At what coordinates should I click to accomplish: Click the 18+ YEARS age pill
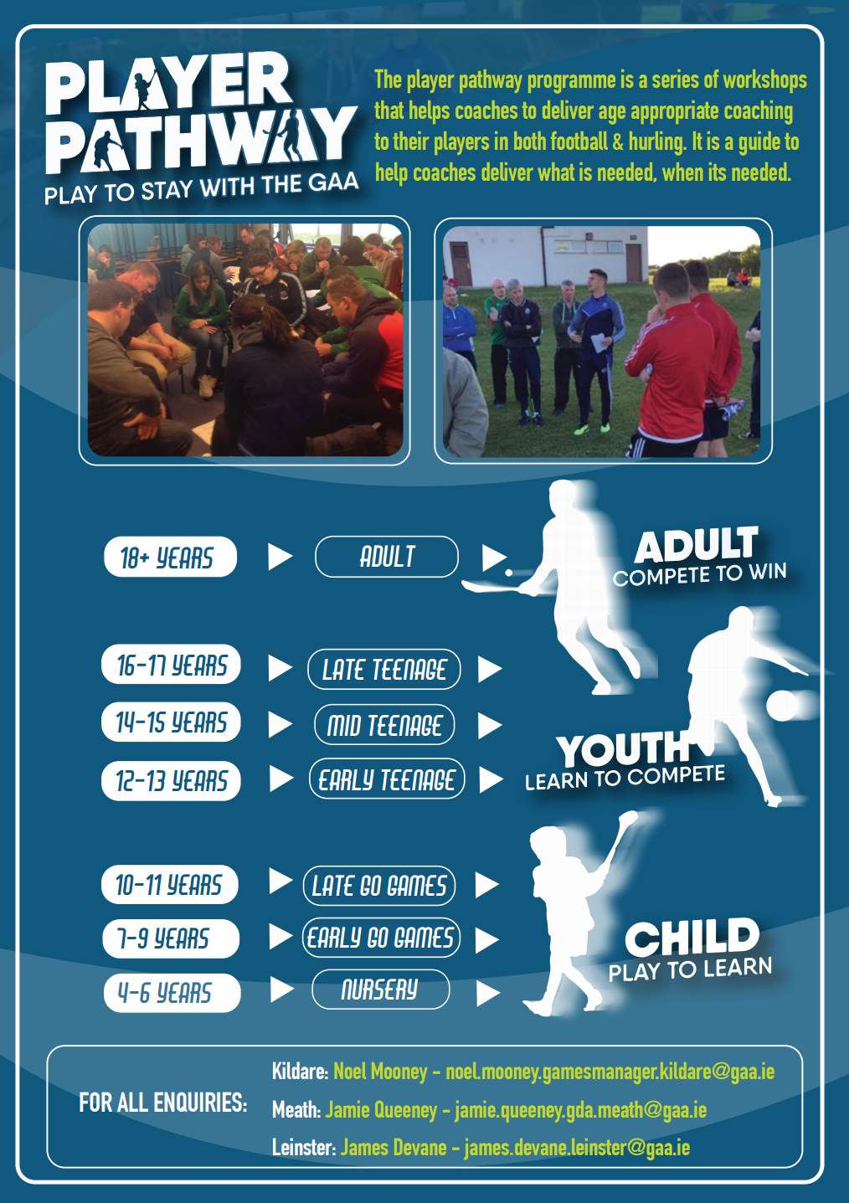[170, 557]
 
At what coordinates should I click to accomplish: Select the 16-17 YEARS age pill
[171, 665]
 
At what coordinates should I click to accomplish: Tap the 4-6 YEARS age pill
[172, 993]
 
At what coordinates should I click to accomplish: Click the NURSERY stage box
[380, 990]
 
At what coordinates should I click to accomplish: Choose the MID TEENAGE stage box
[384, 724]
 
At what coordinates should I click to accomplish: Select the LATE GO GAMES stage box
[379, 886]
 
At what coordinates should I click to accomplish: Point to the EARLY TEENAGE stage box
[387, 779]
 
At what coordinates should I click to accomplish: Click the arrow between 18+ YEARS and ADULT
[280, 557]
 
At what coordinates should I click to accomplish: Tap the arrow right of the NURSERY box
[487, 994]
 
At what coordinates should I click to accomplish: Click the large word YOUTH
[623, 750]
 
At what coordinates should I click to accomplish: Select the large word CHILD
[692, 938]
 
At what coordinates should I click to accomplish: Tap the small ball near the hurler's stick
[508, 573]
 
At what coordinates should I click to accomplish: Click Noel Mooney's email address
[610, 1072]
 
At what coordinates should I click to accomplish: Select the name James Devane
[393, 1148]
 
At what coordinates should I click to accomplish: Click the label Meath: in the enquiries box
[296, 1109]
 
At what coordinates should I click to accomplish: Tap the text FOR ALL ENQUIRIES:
[162, 1103]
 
